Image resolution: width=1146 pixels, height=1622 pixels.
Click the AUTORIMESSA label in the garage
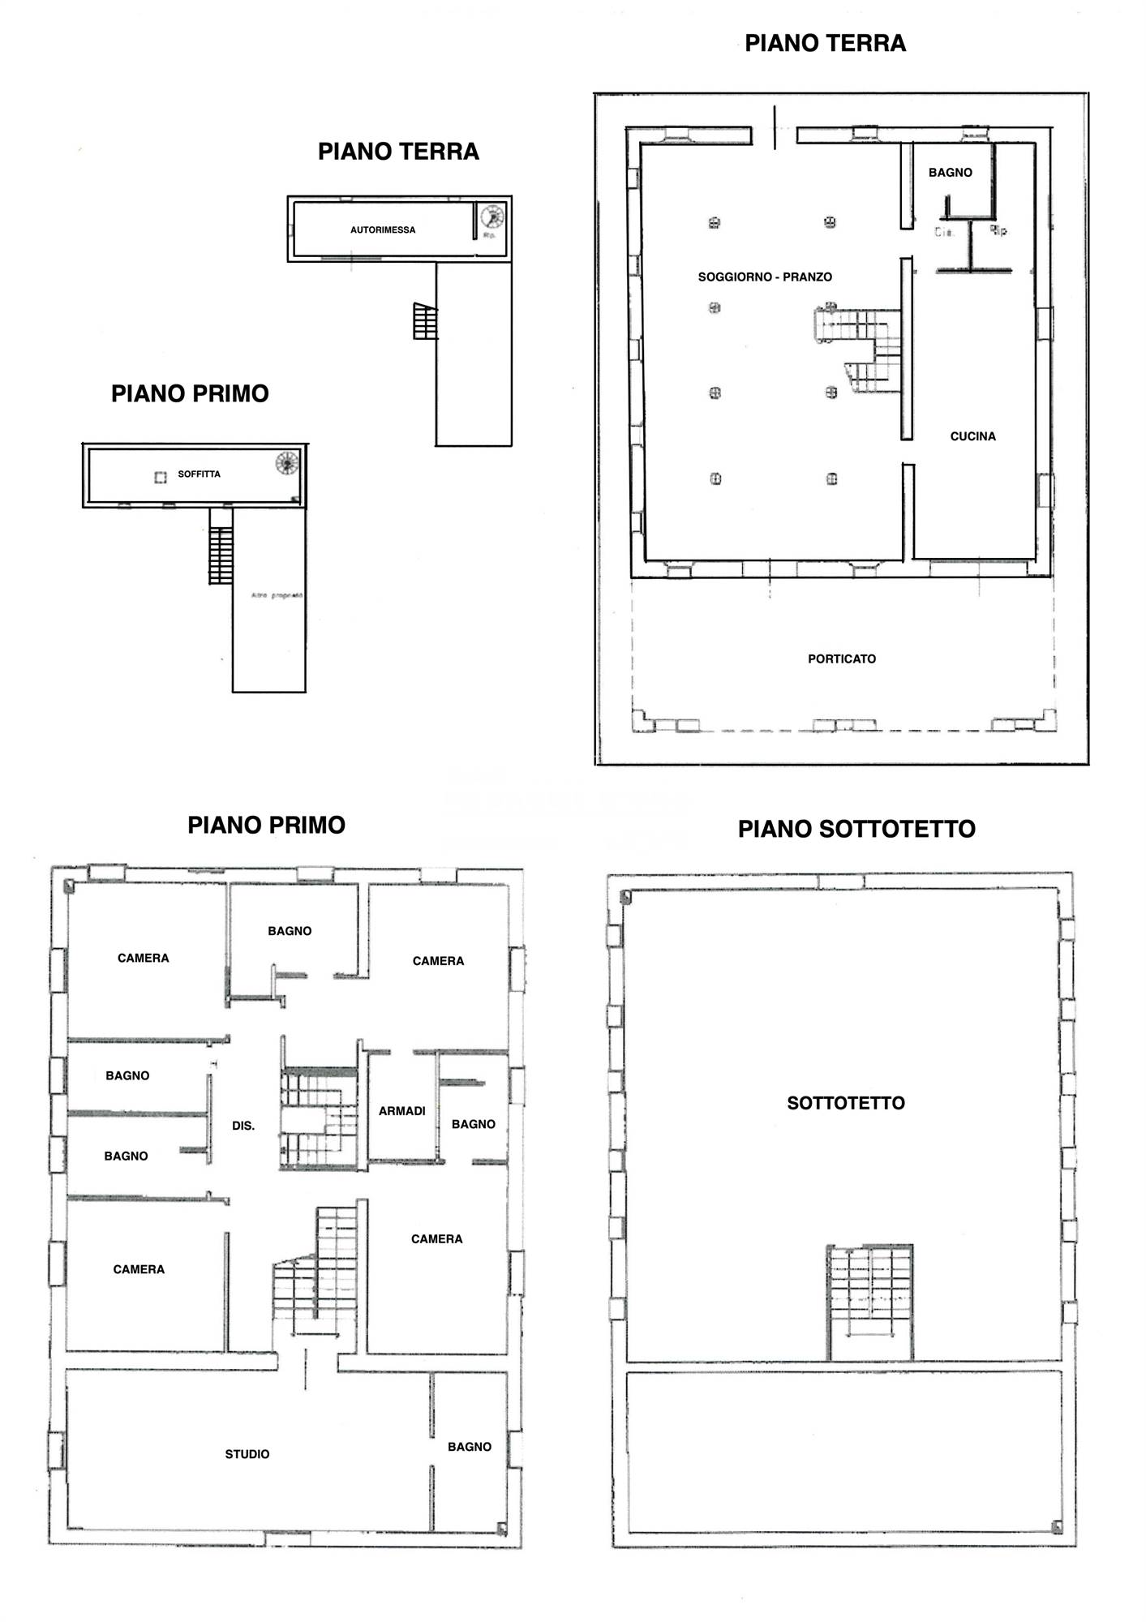383,230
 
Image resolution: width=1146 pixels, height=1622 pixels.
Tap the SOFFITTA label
199,474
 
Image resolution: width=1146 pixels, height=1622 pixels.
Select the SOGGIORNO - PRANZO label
765,277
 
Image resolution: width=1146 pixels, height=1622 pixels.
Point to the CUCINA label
972,436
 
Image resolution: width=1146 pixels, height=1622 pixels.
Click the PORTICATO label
842,659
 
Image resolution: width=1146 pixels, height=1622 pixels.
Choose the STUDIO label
247,1454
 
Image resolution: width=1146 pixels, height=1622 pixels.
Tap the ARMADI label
401,1111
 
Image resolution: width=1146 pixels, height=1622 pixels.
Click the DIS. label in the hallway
243,1126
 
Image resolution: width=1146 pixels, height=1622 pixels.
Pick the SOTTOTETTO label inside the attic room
846,1103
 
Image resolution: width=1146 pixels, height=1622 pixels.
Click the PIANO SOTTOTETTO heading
856,829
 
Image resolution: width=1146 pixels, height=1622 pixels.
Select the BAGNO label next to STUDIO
470,1447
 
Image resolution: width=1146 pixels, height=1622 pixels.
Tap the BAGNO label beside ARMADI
474,1124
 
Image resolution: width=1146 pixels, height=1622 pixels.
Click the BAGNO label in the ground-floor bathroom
950,173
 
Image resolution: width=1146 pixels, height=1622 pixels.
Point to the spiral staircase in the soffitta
287,463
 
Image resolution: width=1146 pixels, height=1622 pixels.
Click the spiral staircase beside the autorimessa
491,217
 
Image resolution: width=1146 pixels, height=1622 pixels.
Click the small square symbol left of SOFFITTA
161,477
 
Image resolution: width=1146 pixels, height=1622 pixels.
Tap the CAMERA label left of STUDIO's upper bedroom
139,1269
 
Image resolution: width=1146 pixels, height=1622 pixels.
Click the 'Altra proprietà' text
277,595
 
